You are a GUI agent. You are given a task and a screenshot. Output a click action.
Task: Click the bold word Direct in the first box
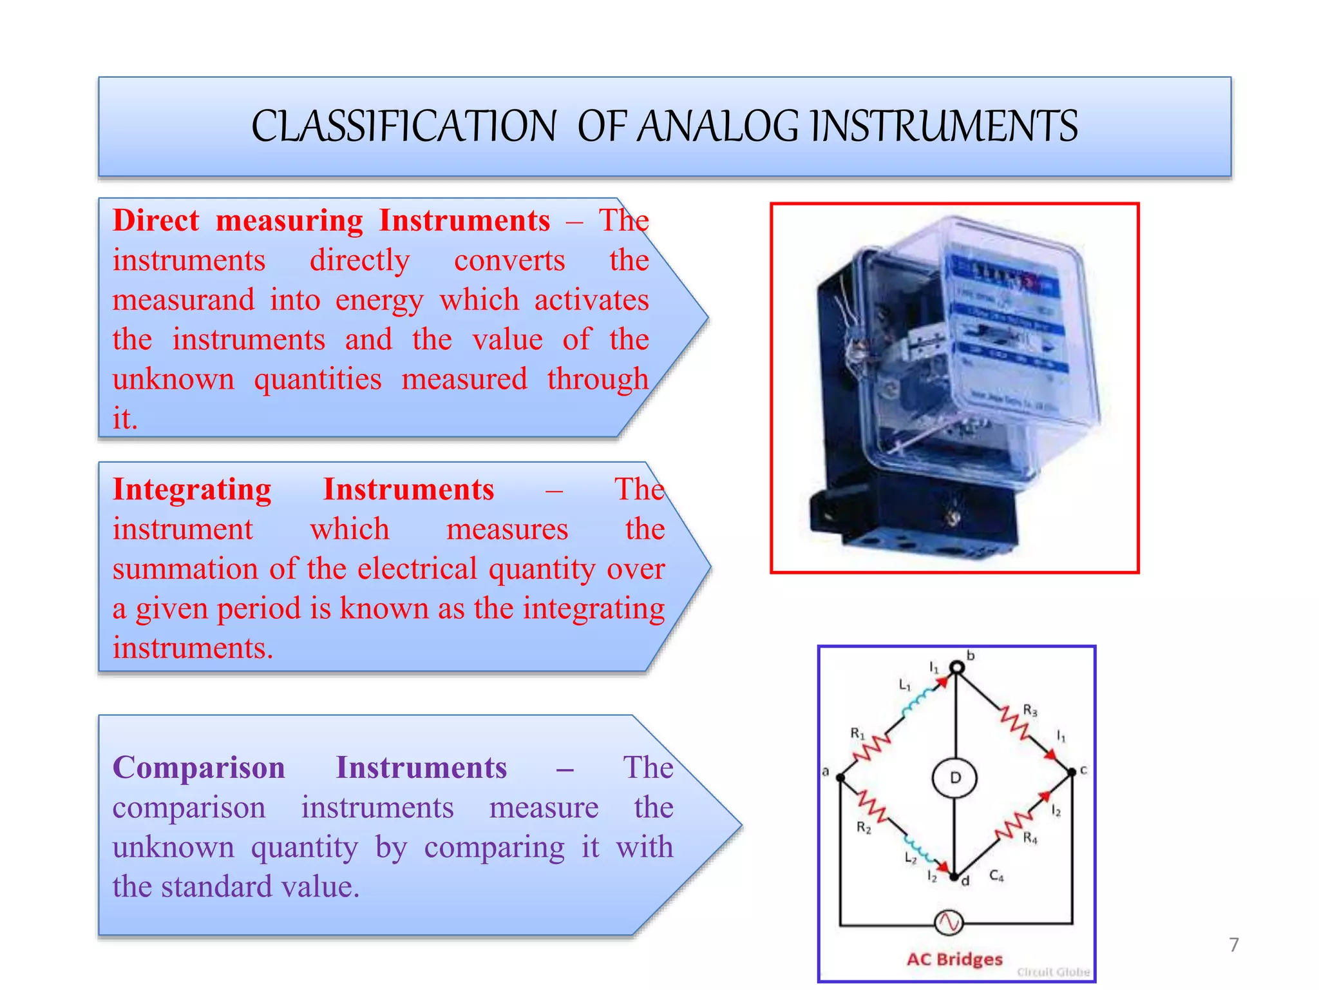pos(156,221)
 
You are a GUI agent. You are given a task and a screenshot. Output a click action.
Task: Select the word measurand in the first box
pos(184,300)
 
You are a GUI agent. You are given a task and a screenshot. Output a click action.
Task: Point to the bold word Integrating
pos(192,490)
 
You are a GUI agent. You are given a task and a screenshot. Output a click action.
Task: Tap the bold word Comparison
pos(198,768)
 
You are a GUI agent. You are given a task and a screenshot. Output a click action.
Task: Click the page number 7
pos(1233,945)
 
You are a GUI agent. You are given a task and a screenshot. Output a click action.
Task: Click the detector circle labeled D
pos(955,778)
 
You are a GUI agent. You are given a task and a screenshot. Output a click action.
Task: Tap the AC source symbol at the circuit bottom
pos(948,923)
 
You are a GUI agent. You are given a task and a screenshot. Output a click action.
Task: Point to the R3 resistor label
pos(1030,711)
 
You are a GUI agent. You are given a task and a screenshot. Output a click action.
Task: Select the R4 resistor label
pos(1030,839)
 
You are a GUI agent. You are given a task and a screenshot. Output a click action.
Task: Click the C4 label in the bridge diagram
pos(996,876)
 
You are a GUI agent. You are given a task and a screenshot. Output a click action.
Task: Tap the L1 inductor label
pos(905,685)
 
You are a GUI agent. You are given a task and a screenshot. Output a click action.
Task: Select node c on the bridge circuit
pos(1072,772)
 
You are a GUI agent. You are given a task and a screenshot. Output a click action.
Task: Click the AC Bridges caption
pos(954,959)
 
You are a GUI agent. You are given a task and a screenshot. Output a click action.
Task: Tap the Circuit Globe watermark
pos(1053,972)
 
